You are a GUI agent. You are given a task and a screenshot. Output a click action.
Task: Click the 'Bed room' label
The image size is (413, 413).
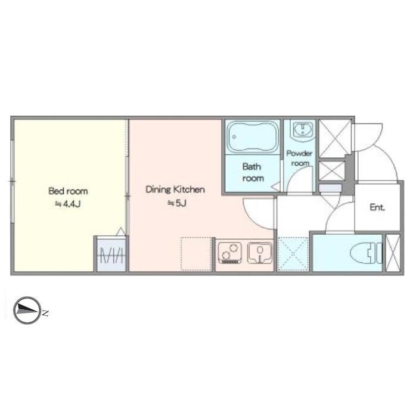pyautogui.click(x=68, y=191)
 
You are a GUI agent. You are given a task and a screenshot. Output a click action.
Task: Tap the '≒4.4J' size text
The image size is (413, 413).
pyautogui.click(x=67, y=204)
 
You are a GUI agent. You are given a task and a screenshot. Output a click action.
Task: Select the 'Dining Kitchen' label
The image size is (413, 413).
pyautogui.click(x=175, y=190)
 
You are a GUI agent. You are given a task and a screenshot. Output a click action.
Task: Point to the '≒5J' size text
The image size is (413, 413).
pyautogui.click(x=177, y=203)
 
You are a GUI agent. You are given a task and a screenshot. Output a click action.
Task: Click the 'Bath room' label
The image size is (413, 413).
pyautogui.click(x=253, y=172)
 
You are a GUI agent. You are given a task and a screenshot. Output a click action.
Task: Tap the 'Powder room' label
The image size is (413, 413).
pyautogui.click(x=299, y=158)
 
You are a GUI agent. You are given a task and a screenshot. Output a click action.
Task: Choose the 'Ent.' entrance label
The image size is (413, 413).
pyautogui.click(x=377, y=207)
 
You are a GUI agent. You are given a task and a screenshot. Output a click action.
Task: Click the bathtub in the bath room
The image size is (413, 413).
pyautogui.click(x=253, y=137)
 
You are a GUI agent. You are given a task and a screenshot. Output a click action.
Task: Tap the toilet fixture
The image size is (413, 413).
pyautogui.click(x=366, y=253)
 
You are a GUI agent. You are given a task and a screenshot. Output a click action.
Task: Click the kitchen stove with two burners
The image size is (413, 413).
pyautogui.click(x=230, y=253)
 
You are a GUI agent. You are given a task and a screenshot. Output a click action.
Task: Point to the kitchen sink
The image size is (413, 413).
pyautogui.click(x=260, y=253)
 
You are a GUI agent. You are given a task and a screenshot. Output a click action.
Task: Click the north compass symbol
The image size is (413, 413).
pyautogui.click(x=27, y=310)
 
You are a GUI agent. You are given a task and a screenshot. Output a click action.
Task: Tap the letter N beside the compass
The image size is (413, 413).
pyautogui.click(x=45, y=313)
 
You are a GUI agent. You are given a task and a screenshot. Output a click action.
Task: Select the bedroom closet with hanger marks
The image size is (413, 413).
pyautogui.click(x=111, y=254)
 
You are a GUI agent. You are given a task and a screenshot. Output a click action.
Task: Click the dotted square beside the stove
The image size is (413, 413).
pyautogui.click(x=197, y=254)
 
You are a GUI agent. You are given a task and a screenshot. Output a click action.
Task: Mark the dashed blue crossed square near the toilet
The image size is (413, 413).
pyautogui.click(x=293, y=254)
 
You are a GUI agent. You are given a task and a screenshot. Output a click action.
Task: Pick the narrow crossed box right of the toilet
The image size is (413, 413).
pyautogui.click(x=393, y=253)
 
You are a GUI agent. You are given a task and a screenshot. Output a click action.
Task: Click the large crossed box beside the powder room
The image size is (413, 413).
pyautogui.click(x=335, y=138)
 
